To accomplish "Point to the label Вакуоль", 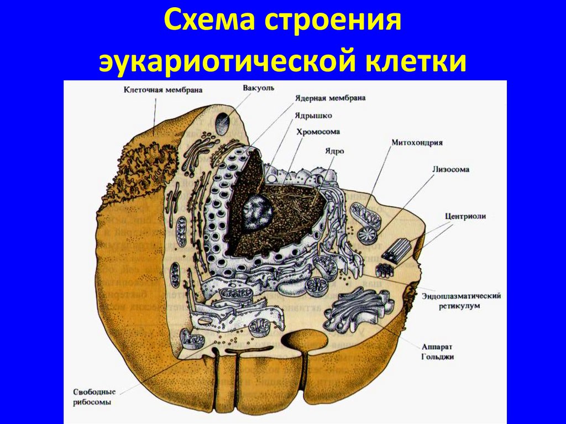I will pos(258,88).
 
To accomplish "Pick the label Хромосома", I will pos(318,132).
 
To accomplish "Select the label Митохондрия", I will pos(417,142).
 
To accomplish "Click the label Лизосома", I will pos(451,170).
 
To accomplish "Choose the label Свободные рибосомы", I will pos(93,396).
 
